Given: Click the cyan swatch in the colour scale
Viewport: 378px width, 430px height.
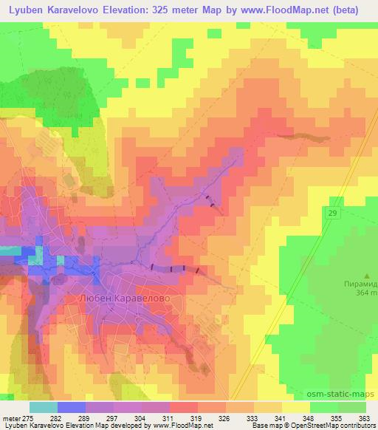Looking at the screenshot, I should [44, 407].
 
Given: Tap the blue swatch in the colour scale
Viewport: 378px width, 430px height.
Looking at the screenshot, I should [72, 407].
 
